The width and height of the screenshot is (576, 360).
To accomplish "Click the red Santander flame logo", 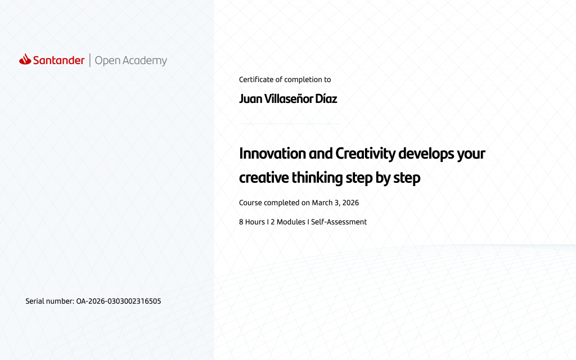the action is (25, 59).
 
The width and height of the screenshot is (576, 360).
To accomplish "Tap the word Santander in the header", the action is (58, 60).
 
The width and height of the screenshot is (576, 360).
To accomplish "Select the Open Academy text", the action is (130, 61).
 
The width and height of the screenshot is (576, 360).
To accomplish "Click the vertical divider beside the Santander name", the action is (89, 60).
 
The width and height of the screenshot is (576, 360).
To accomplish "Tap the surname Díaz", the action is (326, 99).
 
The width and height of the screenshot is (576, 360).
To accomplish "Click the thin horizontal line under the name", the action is (290, 124).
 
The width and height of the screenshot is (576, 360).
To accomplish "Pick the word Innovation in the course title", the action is (273, 154).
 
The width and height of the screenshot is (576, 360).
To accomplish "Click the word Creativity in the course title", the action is (366, 154).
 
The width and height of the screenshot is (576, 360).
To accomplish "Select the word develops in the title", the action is (426, 154).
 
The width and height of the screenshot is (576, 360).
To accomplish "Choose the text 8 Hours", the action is (252, 222).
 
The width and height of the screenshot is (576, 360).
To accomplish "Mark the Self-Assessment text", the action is (339, 222).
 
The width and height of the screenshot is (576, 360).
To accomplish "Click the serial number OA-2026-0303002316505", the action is (119, 301).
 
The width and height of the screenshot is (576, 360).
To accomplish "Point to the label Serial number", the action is (50, 301).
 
